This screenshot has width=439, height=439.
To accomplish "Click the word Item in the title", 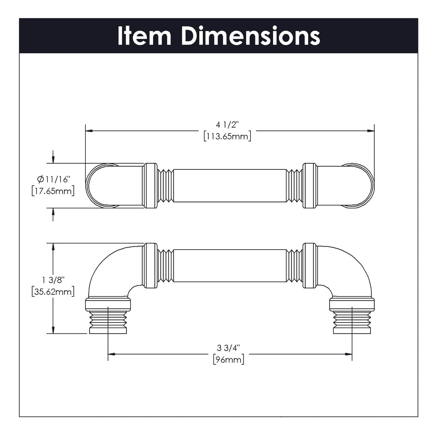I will click(x=144, y=36).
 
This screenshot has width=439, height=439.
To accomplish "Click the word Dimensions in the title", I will click(x=250, y=36).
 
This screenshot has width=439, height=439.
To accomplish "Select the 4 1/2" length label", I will click(x=227, y=125).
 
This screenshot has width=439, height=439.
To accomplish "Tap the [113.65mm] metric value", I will click(x=227, y=136).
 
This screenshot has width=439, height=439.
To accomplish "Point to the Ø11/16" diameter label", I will click(x=53, y=179).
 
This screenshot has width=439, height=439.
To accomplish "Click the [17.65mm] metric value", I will click(x=53, y=190).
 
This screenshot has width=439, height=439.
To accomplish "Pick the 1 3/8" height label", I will click(x=53, y=280).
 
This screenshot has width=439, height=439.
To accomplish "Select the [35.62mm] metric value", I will click(x=53, y=292).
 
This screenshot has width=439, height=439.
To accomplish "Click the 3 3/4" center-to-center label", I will click(x=228, y=348).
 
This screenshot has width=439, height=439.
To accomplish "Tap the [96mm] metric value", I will click(x=228, y=359).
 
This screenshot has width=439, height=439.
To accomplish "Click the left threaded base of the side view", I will click(x=108, y=321).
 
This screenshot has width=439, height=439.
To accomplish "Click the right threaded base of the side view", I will click(x=352, y=321).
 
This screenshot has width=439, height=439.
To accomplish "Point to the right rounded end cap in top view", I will click(x=362, y=186).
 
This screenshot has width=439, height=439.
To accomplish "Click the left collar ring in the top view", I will click(x=150, y=186).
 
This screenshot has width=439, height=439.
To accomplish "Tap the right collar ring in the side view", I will click(x=310, y=266).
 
